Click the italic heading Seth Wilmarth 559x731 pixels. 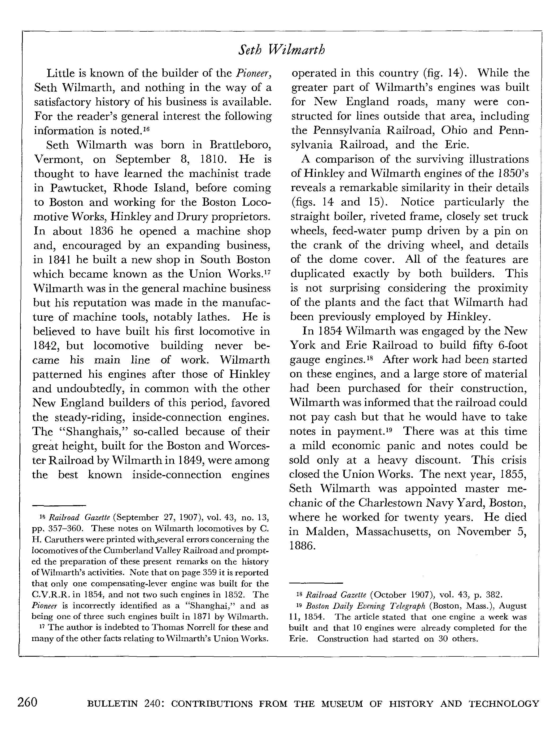coord(282,50)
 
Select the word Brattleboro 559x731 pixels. coord(240,145)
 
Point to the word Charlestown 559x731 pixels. coord(389,503)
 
